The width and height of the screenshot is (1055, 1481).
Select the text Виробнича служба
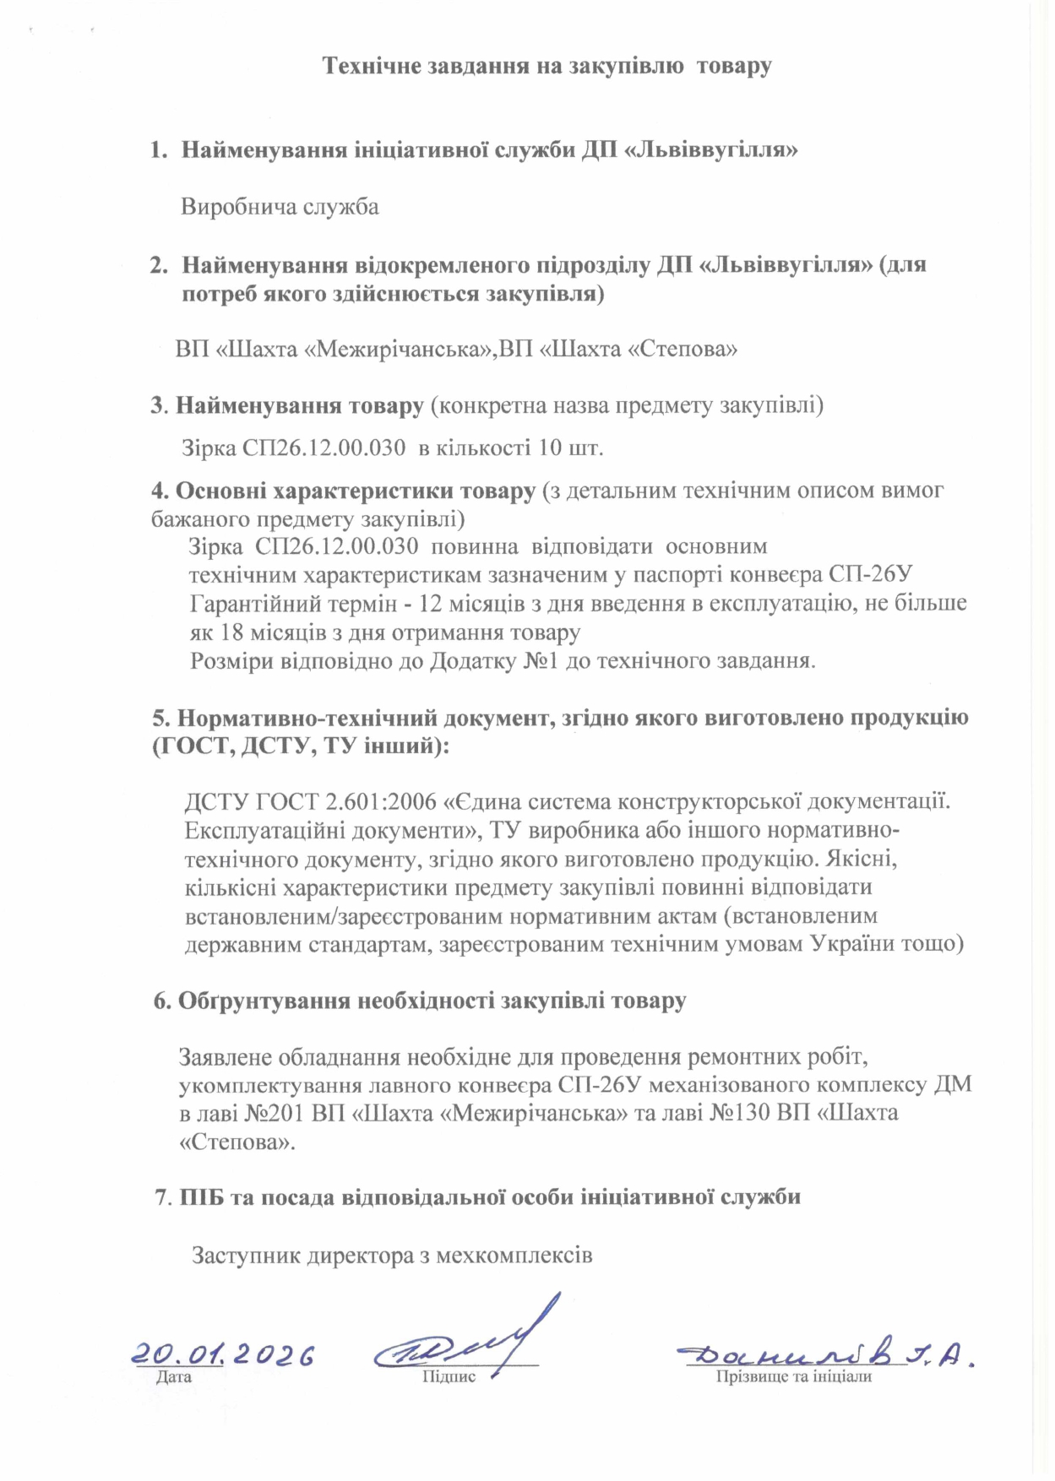coord(280,207)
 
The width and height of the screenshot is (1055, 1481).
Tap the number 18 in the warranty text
coord(233,632)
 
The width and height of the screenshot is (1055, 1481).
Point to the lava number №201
coord(275,1113)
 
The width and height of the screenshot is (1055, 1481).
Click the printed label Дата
coord(174,1377)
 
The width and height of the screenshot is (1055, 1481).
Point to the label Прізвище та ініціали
coord(793,1377)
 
